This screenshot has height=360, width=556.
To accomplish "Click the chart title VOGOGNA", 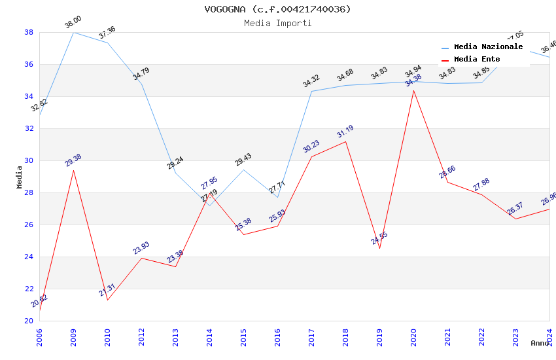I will (277, 9).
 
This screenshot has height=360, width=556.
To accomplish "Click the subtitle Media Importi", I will (277, 23).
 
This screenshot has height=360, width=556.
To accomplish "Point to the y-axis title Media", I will (20, 177).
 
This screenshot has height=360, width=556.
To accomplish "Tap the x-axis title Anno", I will (540, 343).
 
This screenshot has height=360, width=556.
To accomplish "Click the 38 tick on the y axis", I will (29, 32).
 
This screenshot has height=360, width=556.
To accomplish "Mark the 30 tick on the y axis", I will (29, 160).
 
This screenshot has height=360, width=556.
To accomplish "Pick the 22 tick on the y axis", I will (29, 289).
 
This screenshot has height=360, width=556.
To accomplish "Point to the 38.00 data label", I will (73, 24).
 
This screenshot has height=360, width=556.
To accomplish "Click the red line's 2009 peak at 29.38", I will (73, 170).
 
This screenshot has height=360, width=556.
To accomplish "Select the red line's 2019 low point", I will (379, 248).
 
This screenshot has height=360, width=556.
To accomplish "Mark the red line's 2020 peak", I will (413, 90).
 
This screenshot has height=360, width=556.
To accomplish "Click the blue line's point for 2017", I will (311, 91).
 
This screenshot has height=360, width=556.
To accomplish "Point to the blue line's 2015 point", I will (243, 170).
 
